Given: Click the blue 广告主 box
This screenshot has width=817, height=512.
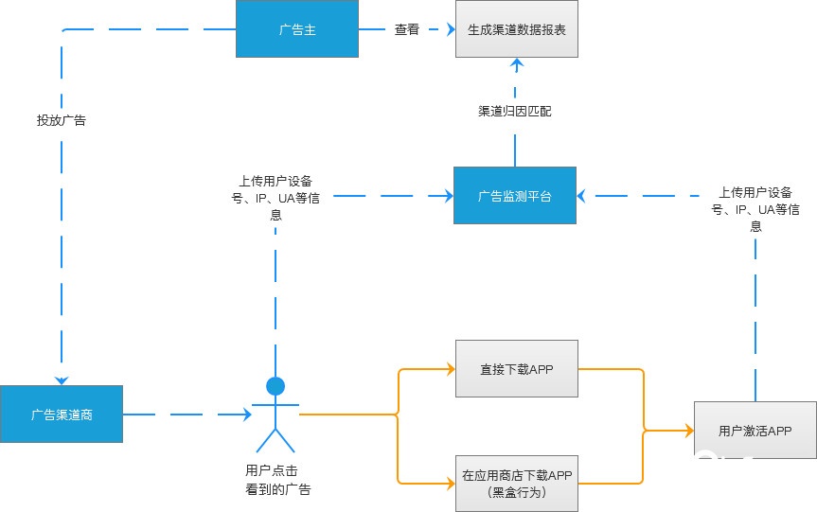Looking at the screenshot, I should pyautogui.click(x=296, y=29).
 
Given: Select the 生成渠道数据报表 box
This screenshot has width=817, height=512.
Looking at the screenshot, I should pyautogui.click(x=516, y=29).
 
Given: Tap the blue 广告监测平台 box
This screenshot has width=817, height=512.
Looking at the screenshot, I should pyautogui.click(x=514, y=196).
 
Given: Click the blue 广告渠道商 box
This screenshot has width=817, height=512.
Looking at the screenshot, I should pyautogui.click(x=62, y=414).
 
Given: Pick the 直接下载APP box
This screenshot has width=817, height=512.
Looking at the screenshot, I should pyautogui.click(x=516, y=369).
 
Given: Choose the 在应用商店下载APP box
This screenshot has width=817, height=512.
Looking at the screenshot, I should pyautogui.click(x=516, y=483).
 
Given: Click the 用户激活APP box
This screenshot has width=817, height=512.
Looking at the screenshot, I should pyautogui.click(x=755, y=431).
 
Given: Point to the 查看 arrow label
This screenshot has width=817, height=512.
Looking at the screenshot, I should pyautogui.click(x=407, y=29).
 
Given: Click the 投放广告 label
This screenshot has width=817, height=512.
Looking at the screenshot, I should pyautogui.click(x=62, y=120).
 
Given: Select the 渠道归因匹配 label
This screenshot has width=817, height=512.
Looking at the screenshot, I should pyautogui.click(x=514, y=111).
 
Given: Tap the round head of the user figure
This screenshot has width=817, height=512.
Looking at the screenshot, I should pyautogui.click(x=275, y=385).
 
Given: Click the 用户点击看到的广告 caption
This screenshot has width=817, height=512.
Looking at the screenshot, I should pyautogui.click(x=276, y=480).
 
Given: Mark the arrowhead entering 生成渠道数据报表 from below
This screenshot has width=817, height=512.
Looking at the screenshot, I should pyautogui.click(x=516, y=63).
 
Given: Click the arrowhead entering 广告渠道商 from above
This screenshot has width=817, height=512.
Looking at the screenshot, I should pyautogui.click(x=62, y=380).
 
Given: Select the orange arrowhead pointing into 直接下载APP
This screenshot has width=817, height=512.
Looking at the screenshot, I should pyautogui.click(x=450, y=369).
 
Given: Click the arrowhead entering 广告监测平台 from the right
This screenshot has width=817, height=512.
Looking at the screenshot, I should pyautogui.click(x=582, y=196).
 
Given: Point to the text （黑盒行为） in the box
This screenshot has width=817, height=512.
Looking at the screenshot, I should pyautogui.click(x=516, y=493).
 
